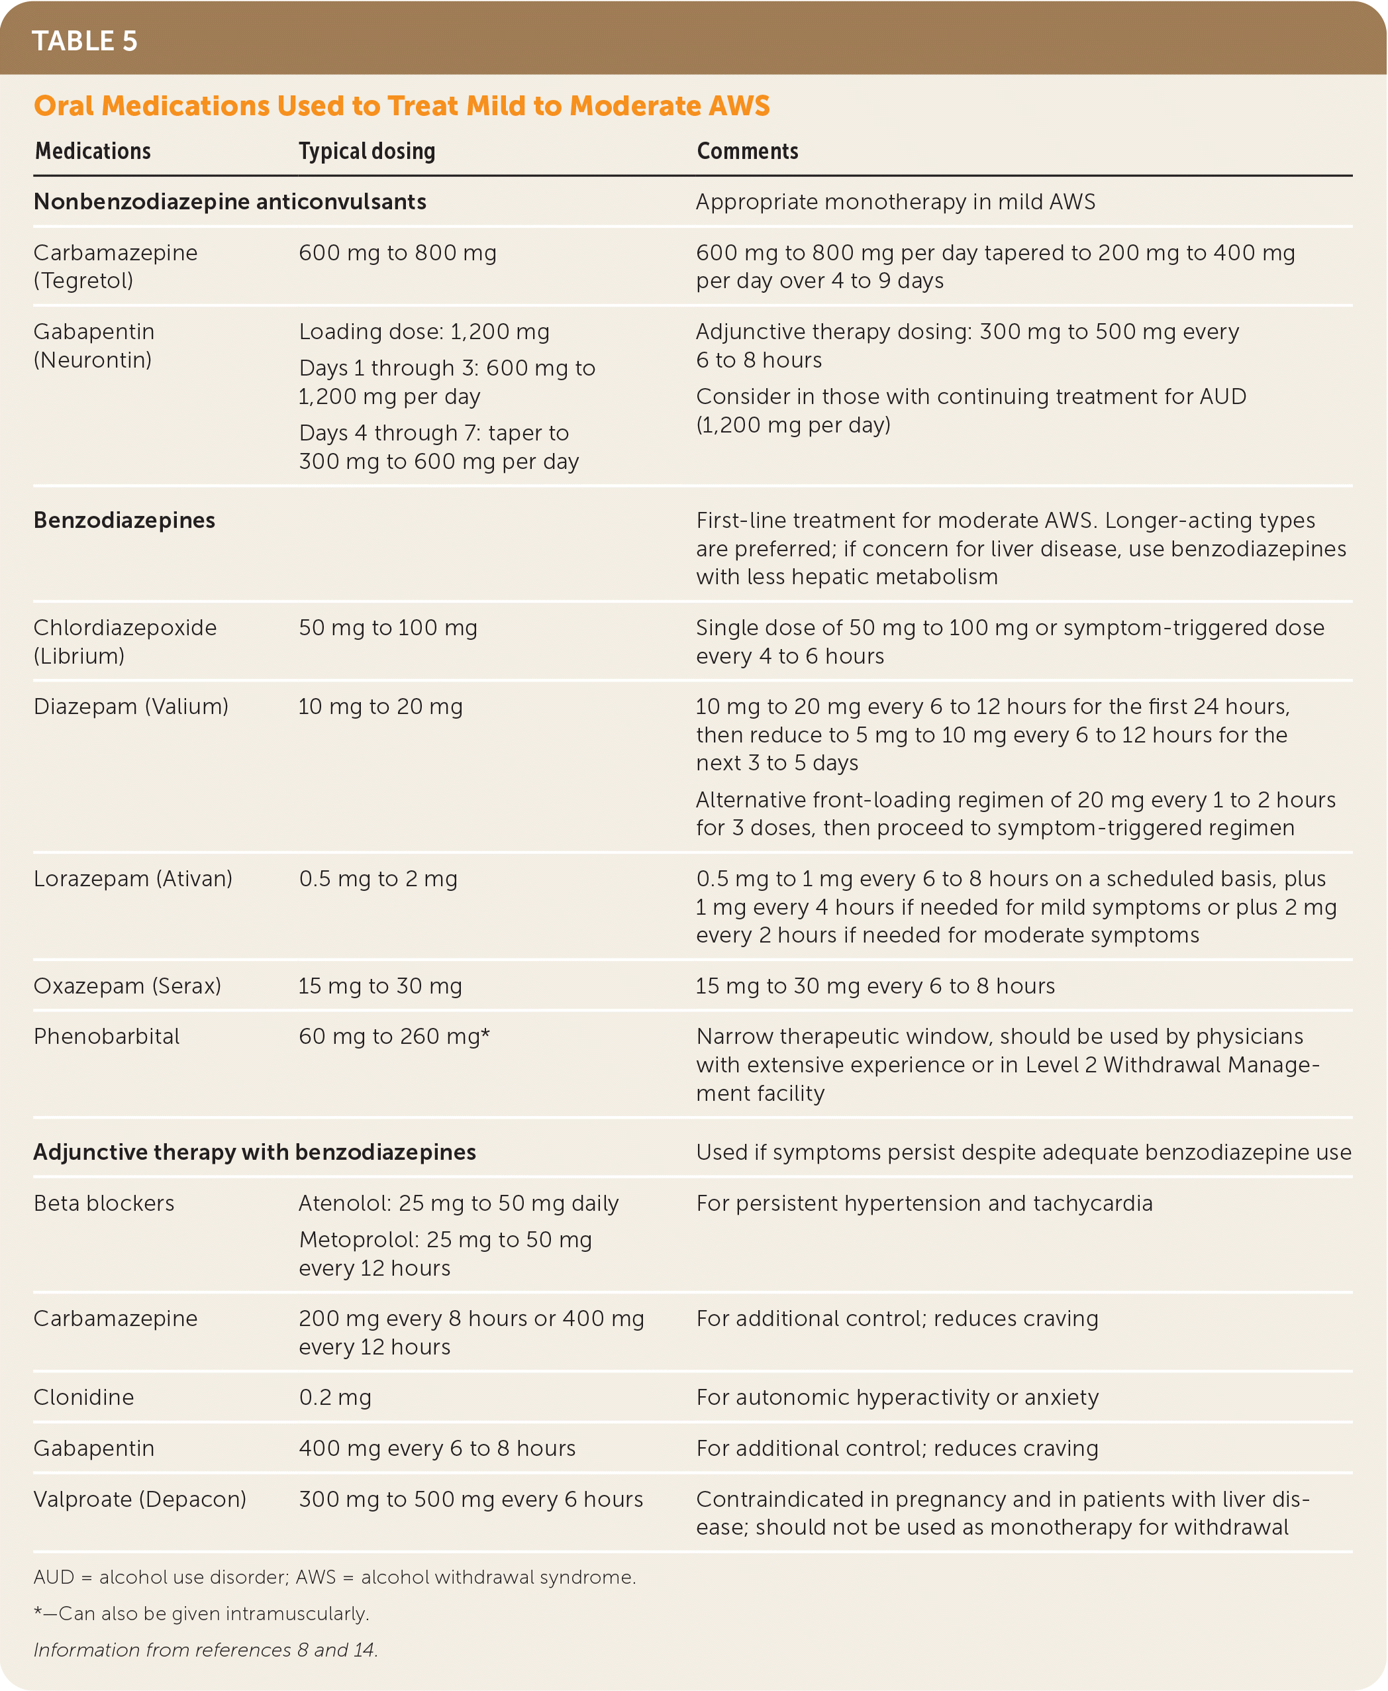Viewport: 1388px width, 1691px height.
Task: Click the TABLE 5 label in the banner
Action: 85,41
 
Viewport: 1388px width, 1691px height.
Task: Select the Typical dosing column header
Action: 367,151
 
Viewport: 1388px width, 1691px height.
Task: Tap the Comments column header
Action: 747,151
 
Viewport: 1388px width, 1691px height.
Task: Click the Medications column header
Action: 93,151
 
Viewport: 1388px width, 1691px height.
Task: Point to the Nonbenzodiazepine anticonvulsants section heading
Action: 230,201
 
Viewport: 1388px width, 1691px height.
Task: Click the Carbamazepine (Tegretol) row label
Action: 115,266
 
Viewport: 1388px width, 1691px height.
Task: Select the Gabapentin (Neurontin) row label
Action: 93,345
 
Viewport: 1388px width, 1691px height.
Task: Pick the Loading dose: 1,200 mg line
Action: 424,332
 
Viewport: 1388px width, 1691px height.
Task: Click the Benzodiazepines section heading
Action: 124,521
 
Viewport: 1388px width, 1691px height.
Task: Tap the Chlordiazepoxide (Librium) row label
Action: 124,641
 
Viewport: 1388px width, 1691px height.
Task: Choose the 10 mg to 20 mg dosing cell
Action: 380,707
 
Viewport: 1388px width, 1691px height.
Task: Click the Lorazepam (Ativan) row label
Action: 132,879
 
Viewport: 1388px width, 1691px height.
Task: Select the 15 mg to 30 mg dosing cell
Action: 380,986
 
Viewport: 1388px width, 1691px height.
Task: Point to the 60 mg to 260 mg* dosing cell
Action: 394,1036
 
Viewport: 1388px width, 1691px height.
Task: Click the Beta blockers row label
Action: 104,1204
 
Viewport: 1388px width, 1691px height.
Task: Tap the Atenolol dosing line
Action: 458,1204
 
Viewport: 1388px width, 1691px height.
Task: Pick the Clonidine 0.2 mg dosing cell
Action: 335,1398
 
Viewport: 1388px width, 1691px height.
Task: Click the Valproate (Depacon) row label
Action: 140,1499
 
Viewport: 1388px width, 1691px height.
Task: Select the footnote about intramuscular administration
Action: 201,1614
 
